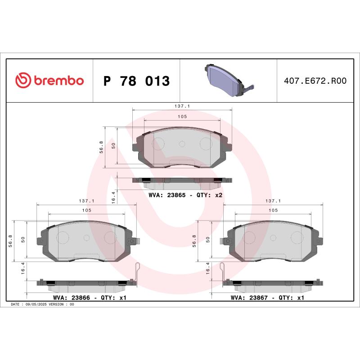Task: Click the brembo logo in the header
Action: click(x=49, y=81)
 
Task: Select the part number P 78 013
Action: click(x=136, y=81)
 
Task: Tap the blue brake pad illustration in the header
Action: click(x=227, y=81)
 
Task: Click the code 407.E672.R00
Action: click(x=315, y=81)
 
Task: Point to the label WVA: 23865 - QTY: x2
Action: click(x=185, y=195)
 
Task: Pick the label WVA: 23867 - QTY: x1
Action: click(x=268, y=297)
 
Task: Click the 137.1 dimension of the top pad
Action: click(x=182, y=106)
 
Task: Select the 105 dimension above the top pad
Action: click(x=182, y=116)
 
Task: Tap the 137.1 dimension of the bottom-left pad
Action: click(x=86, y=201)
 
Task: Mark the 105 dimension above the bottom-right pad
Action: click(x=273, y=210)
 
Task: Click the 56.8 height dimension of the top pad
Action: click(x=101, y=147)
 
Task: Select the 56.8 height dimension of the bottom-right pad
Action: click(x=194, y=241)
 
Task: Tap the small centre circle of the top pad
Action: click(x=182, y=144)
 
